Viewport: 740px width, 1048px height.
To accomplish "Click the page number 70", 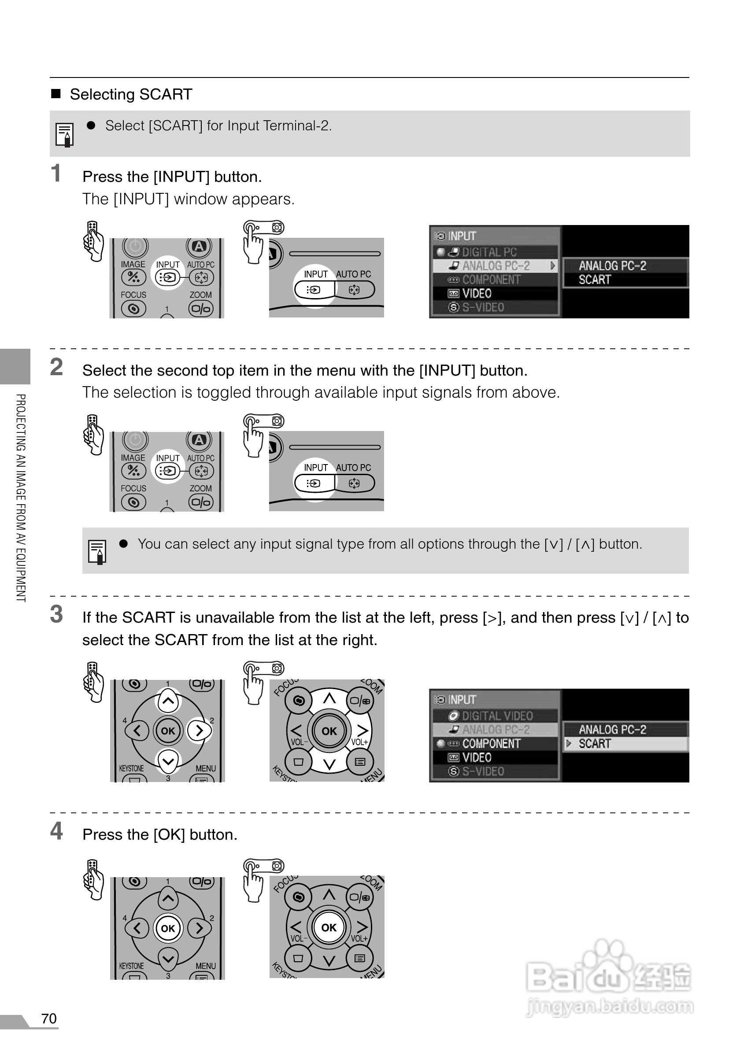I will coord(49,1018).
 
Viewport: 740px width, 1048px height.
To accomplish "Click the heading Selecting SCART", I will coord(130,95).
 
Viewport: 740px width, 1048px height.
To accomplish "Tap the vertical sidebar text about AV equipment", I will coord(21,498).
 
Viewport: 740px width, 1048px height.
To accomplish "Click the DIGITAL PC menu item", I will coord(489,252).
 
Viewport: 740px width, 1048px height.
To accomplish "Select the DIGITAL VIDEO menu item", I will coord(497,716).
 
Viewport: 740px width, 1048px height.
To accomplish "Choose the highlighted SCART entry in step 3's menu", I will coord(594,744).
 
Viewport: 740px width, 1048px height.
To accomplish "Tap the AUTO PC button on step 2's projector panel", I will coord(354,483).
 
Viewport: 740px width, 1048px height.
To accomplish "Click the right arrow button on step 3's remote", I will coord(199,731).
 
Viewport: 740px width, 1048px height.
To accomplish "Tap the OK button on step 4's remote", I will coord(168,928).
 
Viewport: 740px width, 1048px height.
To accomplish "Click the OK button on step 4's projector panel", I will coord(329,927).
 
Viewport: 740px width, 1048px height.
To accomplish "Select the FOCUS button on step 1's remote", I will coord(133,309).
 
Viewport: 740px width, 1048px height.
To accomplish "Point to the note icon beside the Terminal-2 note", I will coord(65,135).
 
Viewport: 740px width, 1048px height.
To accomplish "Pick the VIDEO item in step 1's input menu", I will coord(477,294).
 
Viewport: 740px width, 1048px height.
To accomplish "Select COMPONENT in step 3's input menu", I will coord(491,744).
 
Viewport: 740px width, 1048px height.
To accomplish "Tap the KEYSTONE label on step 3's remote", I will coord(131,769).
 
